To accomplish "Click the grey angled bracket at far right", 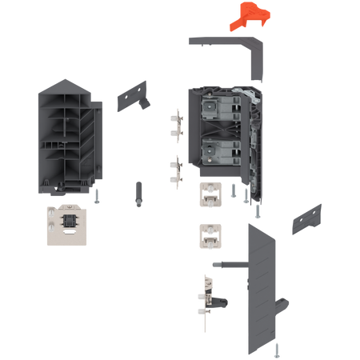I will pos(306,217).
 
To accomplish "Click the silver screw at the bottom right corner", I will pos(278,349).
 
